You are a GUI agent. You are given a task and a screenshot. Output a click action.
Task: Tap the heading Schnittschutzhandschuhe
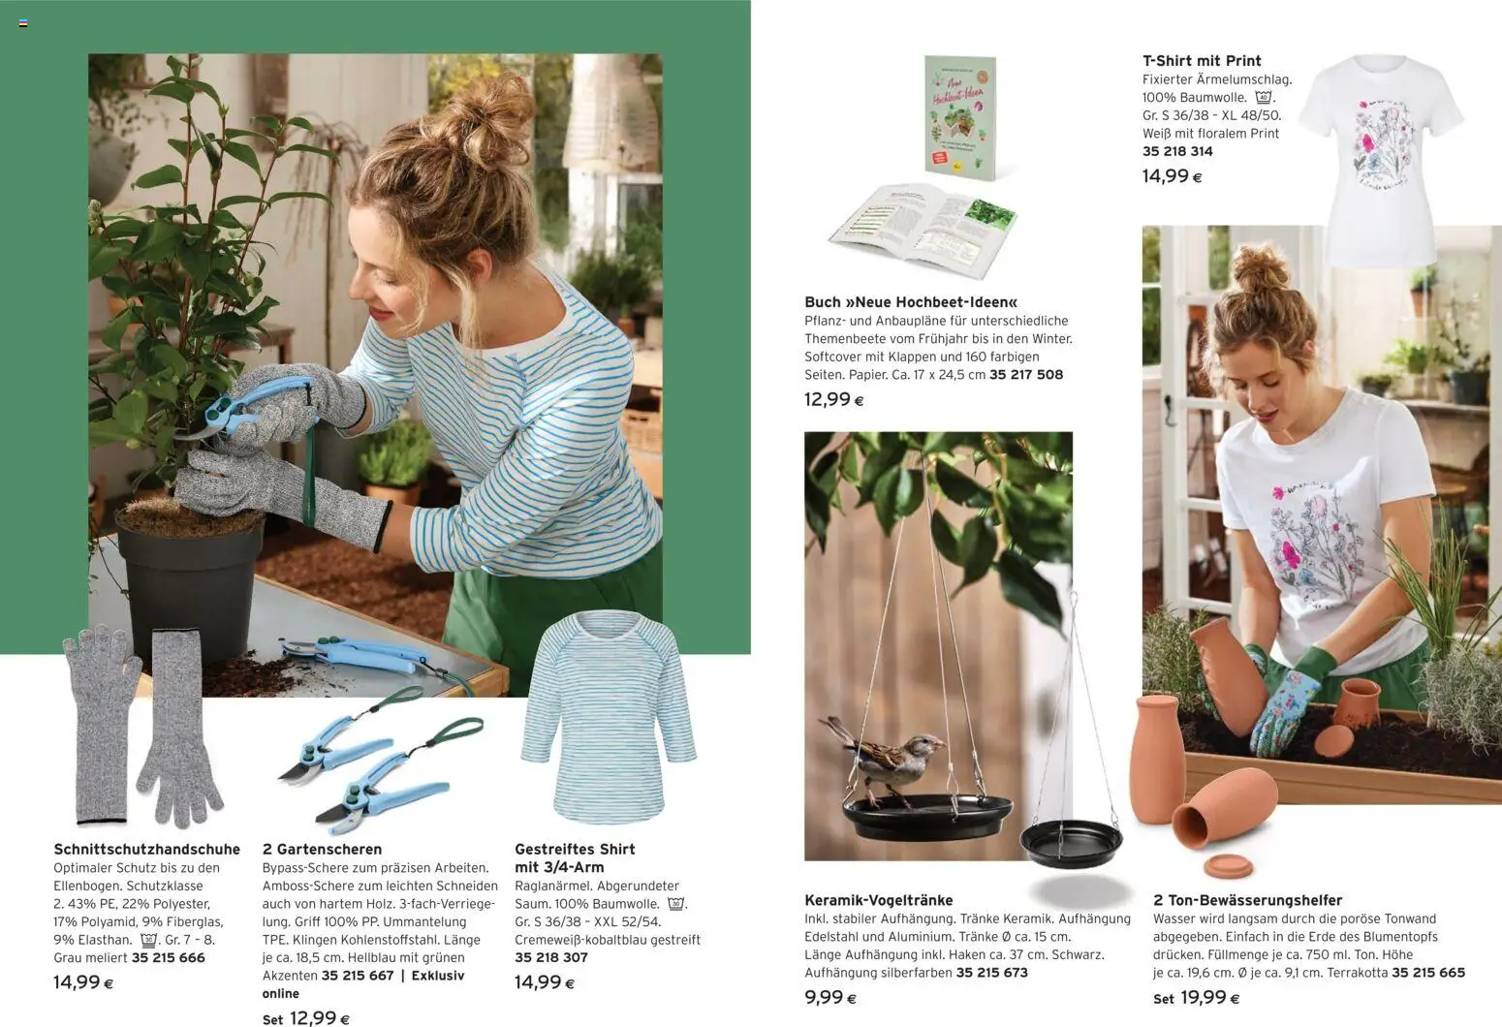(146, 850)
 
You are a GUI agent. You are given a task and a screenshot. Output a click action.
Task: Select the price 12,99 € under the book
(833, 399)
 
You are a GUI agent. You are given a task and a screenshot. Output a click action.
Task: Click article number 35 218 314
(1177, 151)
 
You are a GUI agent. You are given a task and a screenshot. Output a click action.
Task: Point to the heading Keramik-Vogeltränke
(878, 900)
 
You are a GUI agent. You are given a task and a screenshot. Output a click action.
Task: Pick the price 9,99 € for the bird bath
(830, 998)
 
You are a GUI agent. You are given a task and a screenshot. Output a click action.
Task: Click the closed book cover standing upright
(959, 116)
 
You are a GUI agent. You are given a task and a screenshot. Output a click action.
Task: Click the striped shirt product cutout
(609, 717)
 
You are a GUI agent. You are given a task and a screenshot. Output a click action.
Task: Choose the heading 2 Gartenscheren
(322, 850)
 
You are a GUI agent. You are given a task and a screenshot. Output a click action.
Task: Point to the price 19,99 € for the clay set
(1209, 998)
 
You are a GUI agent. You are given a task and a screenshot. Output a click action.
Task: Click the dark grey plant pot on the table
(189, 591)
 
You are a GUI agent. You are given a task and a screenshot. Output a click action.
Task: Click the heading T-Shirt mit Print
(1202, 60)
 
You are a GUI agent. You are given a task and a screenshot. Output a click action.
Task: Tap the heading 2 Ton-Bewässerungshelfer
(1247, 900)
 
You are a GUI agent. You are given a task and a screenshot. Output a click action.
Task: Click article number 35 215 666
(168, 957)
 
